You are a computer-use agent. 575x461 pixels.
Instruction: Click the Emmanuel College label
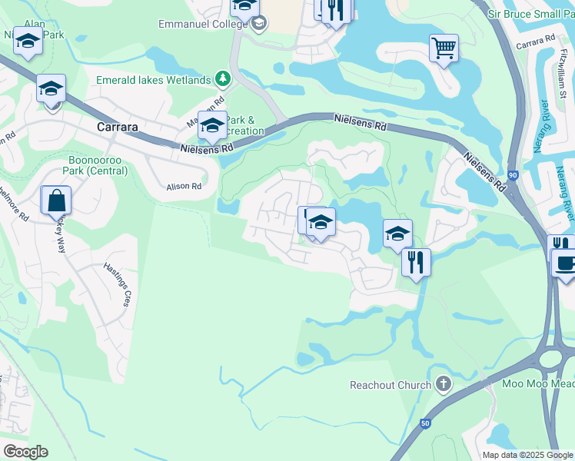203,24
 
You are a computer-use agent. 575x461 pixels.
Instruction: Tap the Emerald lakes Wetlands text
153,80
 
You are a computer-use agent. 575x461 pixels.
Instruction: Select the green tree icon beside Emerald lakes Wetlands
223,79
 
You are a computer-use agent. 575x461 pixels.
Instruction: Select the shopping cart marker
444,48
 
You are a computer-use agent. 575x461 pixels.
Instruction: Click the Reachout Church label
391,384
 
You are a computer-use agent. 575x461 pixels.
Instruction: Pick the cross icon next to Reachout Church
443,383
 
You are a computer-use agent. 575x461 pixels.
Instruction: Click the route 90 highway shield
512,175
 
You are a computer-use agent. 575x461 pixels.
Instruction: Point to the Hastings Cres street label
118,284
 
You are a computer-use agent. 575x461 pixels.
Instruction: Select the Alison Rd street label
184,186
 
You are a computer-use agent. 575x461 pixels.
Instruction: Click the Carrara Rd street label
535,41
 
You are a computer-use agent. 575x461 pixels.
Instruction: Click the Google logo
25,452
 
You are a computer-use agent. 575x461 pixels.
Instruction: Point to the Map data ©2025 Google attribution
528,455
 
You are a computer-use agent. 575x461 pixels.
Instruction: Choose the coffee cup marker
565,264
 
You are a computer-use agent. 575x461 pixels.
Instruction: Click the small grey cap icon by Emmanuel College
259,24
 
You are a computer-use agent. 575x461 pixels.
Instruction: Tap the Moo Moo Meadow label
538,383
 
